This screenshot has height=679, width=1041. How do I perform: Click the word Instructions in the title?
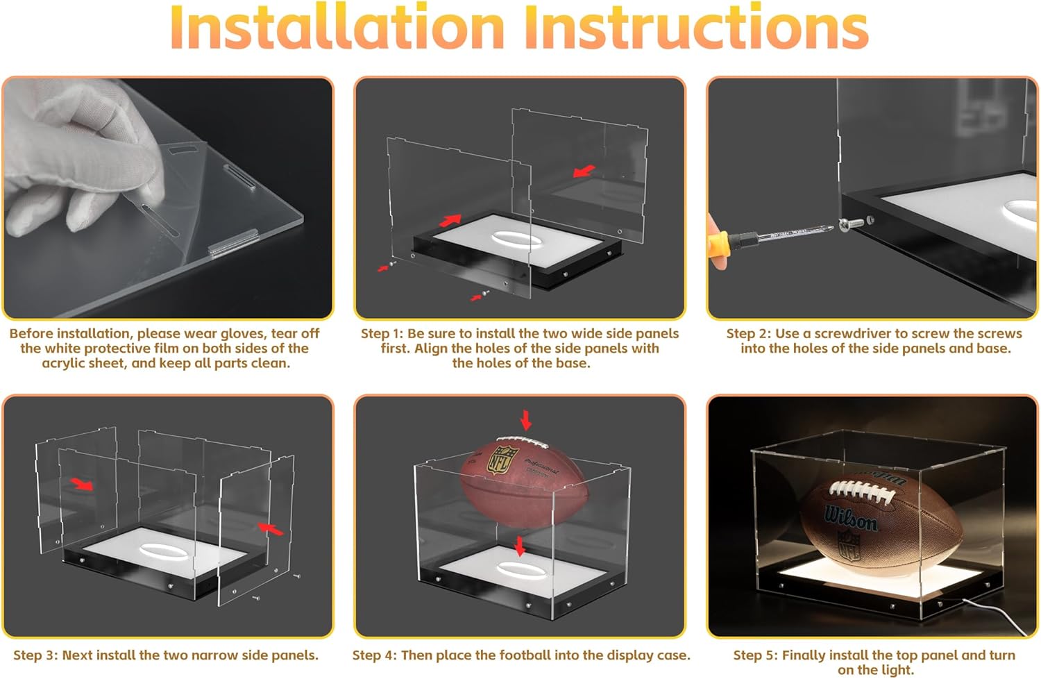pyautogui.click(x=697, y=28)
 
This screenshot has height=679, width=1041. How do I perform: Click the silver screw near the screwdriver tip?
pyautogui.click(x=849, y=225)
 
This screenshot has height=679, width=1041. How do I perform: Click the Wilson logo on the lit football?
pyautogui.click(x=850, y=518)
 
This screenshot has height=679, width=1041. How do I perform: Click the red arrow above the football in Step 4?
pyautogui.click(x=525, y=420)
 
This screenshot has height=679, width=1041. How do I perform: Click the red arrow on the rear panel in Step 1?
pyautogui.click(x=584, y=171)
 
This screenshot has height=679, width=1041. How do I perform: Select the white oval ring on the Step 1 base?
pyautogui.click(x=516, y=240)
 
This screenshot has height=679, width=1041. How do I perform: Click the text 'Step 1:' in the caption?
pyautogui.click(x=382, y=333)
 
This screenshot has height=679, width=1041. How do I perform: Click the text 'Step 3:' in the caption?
pyautogui.click(x=35, y=655)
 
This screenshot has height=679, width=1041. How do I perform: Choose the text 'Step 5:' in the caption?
pyautogui.click(x=756, y=655)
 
